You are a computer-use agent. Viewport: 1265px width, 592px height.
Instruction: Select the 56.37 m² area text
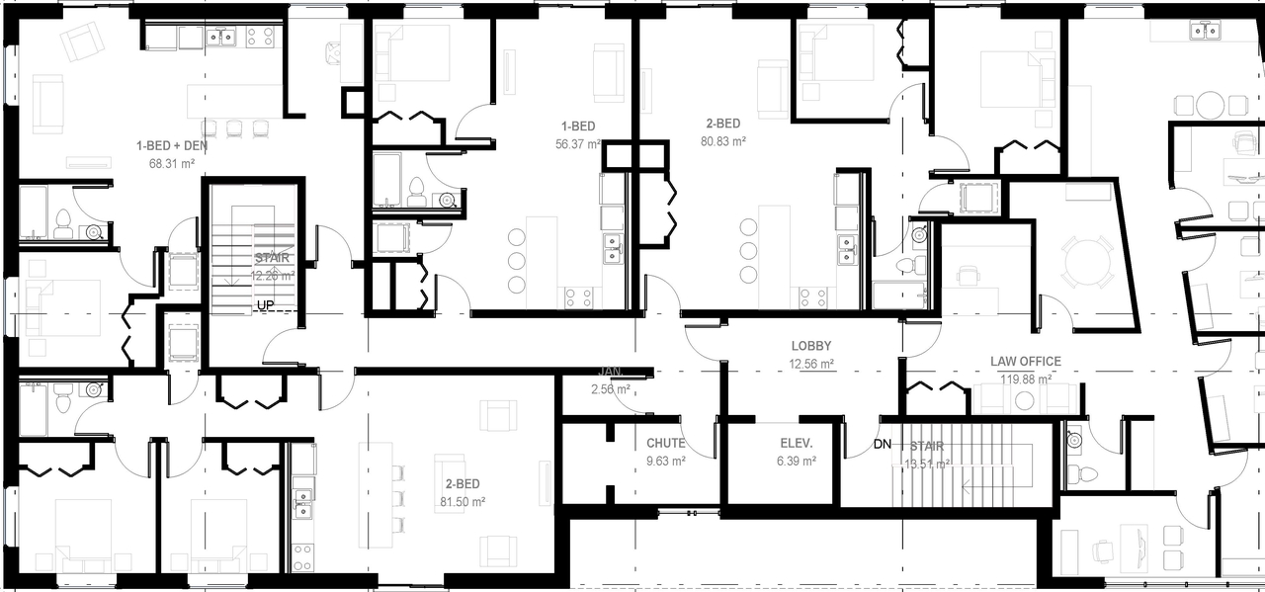[x=578, y=143]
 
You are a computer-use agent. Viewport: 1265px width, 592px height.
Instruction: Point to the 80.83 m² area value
[x=723, y=141]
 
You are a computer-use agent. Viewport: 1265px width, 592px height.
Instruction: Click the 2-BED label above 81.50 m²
[x=463, y=484]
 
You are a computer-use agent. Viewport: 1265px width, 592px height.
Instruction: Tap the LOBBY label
[x=811, y=347]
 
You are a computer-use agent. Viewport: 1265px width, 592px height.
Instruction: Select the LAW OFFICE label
[x=1026, y=362]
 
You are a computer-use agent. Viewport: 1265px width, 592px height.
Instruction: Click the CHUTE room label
[x=666, y=444]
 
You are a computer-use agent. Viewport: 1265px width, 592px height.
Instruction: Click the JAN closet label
[x=610, y=373]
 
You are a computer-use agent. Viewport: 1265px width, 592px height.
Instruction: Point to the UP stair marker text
[x=265, y=305]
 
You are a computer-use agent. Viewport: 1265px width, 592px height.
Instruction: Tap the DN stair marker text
[x=883, y=445]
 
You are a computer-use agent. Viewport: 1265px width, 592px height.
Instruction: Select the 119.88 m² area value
[x=1026, y=379]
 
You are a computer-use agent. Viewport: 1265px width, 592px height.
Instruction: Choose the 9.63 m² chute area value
[x=666, y=461]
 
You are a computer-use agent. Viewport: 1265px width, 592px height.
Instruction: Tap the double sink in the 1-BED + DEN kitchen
[x=220, y=38]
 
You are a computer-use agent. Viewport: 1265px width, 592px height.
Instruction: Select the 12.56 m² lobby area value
[x=811, y=364]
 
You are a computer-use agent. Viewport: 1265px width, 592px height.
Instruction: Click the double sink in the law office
[x=1205, y=31]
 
